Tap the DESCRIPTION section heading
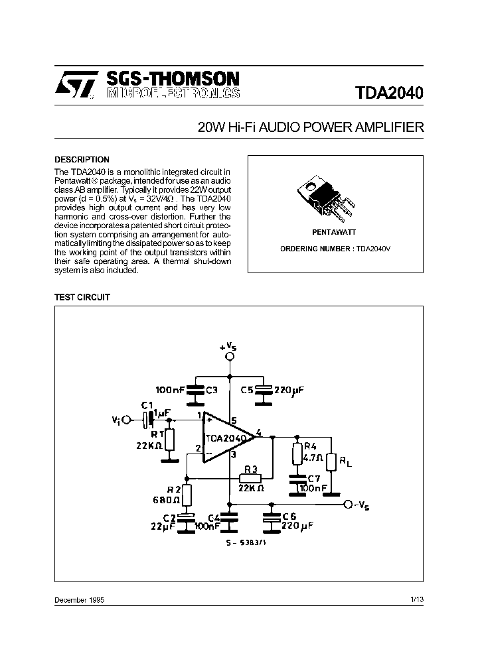pos(82,160)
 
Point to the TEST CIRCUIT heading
pos(82,298)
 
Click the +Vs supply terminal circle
pos(230,357)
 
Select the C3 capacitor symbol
pos(195,391)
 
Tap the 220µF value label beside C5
pos(289,391)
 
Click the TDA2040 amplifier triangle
pos(226,438)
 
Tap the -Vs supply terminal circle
pos(348,505)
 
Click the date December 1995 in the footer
pos(79,599)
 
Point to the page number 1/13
pos(417,599)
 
